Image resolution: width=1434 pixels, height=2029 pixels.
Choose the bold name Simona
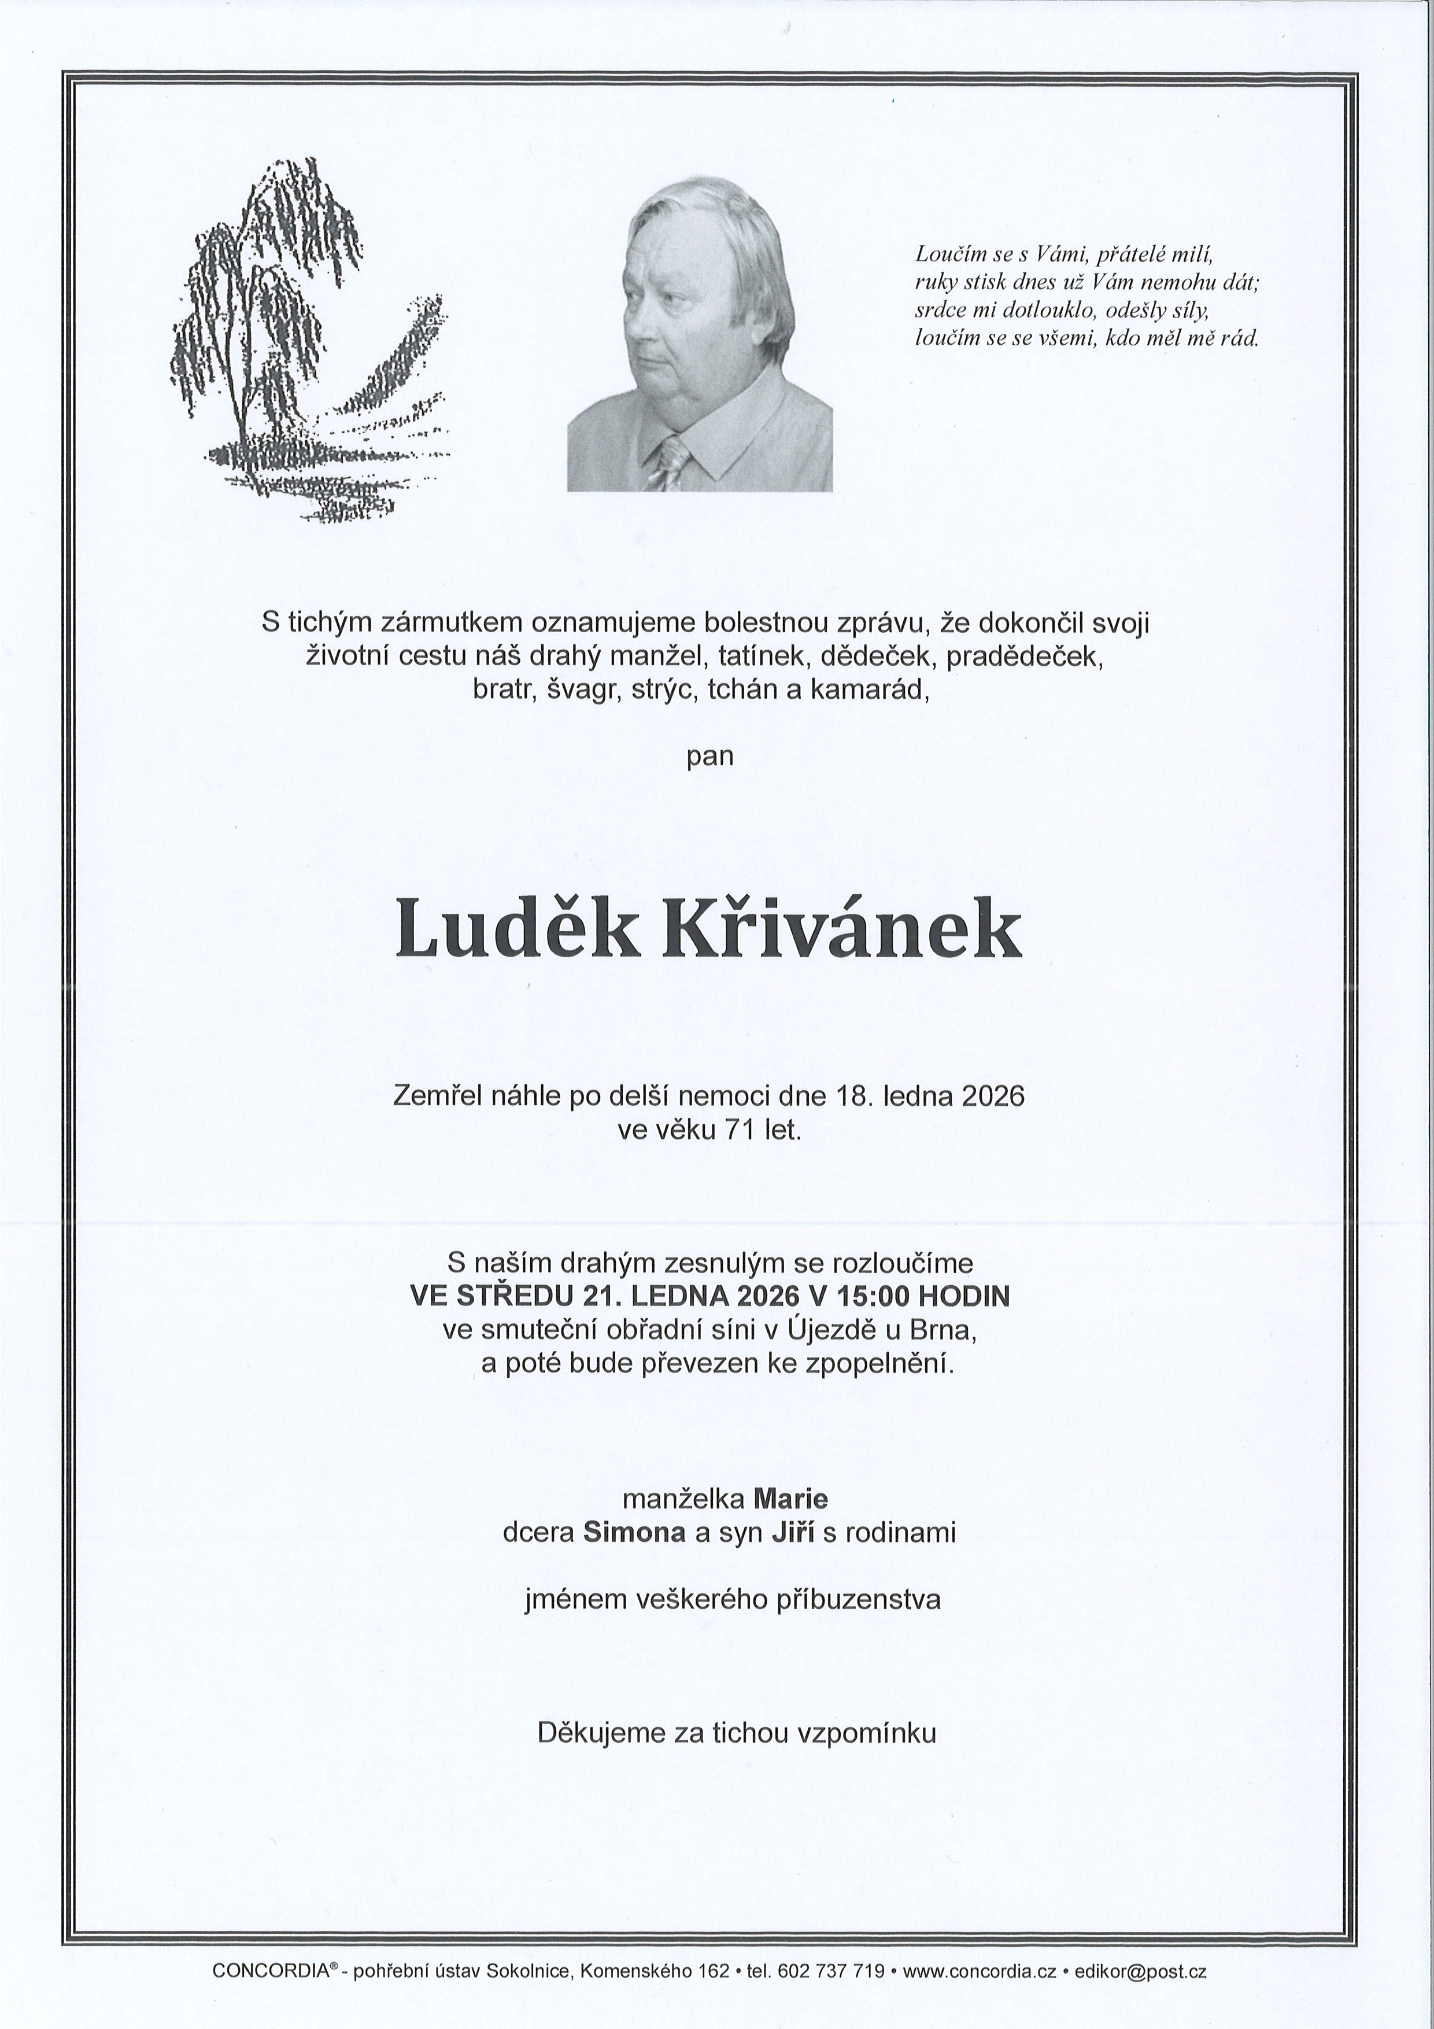[x=634, y=1532]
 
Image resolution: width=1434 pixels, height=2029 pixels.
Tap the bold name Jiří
[x=793, y=1532]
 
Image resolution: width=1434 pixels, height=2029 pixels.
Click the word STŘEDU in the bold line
[x=515, y=1296]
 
